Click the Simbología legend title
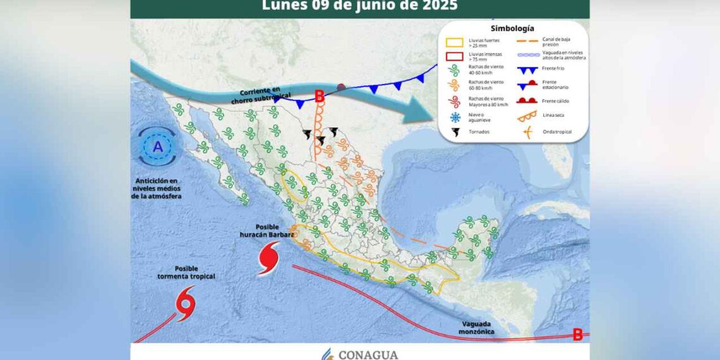[x=512, y=28]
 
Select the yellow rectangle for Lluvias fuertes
[x=455, y=43]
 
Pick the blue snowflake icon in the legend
[x=455, y=117]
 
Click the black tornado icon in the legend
[x=455, y=132]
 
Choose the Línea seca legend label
[x=551, y=116]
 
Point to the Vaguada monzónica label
[x=476, y=327]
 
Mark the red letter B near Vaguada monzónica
[x=577, y=335]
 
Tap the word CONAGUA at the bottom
[x=368, y=355]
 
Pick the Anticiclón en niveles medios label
[x=157, y=188]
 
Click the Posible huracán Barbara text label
[x=267, y=231]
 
